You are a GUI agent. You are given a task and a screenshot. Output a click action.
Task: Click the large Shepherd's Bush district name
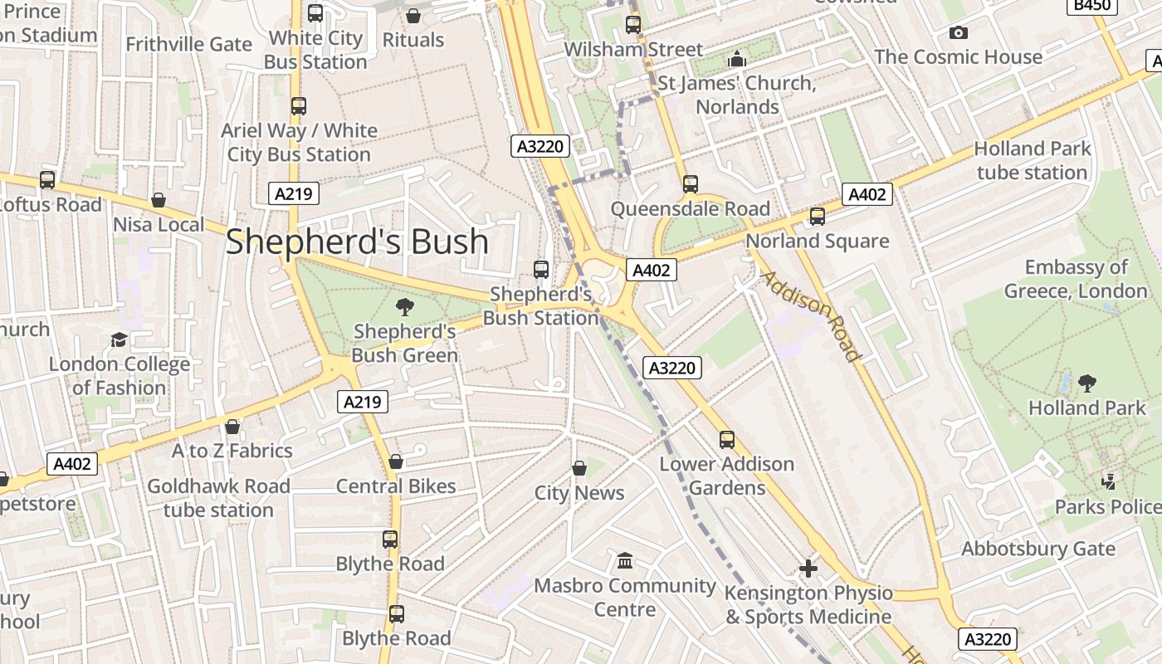(357, 242)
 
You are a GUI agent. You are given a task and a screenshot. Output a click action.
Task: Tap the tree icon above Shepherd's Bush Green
(405, 307)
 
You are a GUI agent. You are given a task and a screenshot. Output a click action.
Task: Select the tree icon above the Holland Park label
(1086, 383)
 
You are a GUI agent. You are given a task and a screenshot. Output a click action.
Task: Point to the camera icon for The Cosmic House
(959, 33)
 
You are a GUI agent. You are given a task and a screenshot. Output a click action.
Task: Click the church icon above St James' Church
(736, 59)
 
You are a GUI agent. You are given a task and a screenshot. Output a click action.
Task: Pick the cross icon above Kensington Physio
(808, 569)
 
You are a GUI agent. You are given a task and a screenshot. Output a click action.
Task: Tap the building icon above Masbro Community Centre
(625, 561)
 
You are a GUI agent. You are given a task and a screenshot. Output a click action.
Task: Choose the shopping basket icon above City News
(579, 468)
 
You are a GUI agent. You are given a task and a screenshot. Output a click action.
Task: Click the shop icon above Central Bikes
(396, 461)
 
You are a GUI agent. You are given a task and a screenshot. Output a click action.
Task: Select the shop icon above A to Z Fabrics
(232, 427)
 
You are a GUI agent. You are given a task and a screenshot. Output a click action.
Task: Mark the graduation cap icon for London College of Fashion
(119, 339)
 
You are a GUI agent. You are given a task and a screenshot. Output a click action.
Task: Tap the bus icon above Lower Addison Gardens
(727, 439)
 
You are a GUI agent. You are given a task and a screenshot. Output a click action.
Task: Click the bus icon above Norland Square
(818, 217)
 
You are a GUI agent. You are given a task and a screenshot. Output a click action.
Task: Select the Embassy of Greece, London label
(1076, 279)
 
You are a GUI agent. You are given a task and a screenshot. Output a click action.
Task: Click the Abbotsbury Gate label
(1037, 549)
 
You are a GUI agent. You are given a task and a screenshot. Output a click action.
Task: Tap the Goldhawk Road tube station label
(218, 497)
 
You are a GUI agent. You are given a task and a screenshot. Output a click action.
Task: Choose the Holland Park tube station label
(1032, 160)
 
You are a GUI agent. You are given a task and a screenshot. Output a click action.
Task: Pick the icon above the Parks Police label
(1108, 481)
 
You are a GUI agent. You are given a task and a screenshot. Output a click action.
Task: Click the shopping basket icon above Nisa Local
(158, 200)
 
